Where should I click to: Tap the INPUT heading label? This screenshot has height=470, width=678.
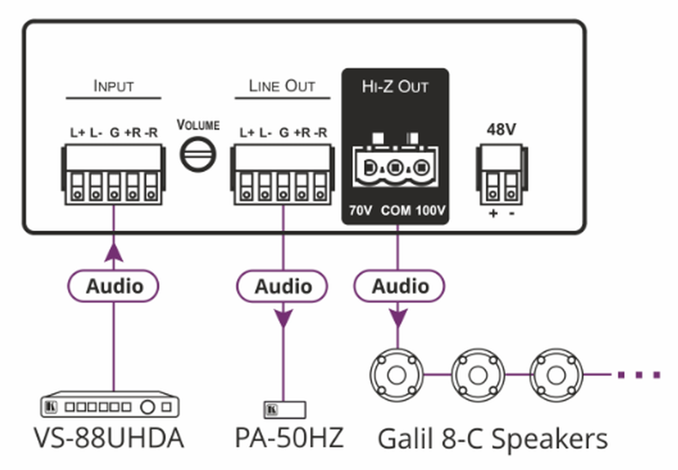point(114,86)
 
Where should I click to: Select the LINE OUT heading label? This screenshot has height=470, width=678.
point(282,86)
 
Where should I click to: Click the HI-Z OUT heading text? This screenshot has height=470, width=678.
point(395,87)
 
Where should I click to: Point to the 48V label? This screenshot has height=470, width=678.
point(501,130)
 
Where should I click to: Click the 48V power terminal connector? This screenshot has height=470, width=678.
point(500,175)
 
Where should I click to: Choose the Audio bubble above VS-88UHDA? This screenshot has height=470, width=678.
point(114,286)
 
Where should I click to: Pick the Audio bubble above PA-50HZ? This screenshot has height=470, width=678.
point(282,286)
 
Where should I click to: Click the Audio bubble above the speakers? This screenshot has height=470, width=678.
point(399,286)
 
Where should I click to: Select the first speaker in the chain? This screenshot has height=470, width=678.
point(397,373)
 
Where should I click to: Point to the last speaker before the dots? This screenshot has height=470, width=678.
point(557,373)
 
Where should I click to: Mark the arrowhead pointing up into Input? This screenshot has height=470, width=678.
point(114,251)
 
